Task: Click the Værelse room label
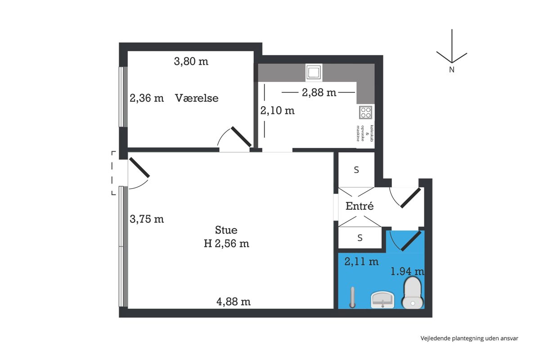[x=197, y=98]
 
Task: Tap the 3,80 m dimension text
[x=191, y=62]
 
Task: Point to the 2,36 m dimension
[x=147, y=98]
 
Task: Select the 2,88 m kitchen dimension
[x=319, y=92]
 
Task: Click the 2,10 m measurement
[x=278, y=111]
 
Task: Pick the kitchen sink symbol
[x=314, y=72]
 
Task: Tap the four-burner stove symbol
[x=365, y=112]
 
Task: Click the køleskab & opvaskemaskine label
[x=365, y=133]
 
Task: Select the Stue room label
[x=226, y=230]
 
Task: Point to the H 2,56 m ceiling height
[x=226, y=243]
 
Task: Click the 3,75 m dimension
[x=147, y=219]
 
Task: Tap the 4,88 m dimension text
[x=234, y=302]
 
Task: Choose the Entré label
[x=360, y=206]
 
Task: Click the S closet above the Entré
[x=356, y=170]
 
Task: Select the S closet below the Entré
[x=360, y=238]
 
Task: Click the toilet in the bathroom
[x=413, y=292]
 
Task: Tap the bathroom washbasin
[x=382, y=300]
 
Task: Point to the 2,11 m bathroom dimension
[x=361, y=261]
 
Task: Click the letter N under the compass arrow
[x=452, y=70]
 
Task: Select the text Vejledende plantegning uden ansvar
[x=469, y=338]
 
